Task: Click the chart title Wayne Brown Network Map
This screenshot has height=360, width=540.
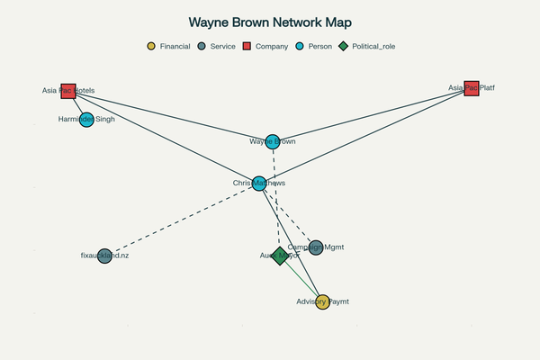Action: tap(270, 22)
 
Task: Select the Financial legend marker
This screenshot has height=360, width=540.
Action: tap(151, 46)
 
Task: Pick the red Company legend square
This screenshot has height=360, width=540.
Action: tap(248, 46)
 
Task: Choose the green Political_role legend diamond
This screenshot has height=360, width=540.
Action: tap(344, 46)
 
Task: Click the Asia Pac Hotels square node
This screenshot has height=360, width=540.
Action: tap(68, 90)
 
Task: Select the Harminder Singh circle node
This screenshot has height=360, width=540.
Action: tap(86, 119)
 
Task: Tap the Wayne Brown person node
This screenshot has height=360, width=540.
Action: tap(273, 141)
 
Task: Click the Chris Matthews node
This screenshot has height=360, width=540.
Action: tap(259, 184)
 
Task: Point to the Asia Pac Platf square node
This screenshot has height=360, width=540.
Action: tap(472, 88)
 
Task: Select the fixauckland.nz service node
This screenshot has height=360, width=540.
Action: tap(104, 256)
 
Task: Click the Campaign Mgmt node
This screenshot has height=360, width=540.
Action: tap(315, 247)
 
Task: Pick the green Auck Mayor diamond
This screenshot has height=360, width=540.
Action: tap(280, 256)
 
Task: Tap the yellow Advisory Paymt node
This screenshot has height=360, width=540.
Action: tap(322, 302)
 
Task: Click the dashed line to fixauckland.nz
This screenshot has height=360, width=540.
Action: tap(180, 220)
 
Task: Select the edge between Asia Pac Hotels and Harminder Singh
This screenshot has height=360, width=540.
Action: tap(77, 104)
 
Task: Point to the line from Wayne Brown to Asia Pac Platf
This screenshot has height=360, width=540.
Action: tap(372, 115)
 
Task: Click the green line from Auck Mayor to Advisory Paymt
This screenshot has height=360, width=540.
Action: tap(301, 279)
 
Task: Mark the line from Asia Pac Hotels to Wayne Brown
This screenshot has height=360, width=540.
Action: tap(171, 115)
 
